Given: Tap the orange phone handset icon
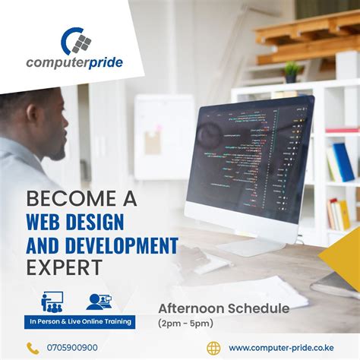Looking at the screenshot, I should click(33, 348).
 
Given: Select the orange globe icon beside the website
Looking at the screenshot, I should click(213, 348).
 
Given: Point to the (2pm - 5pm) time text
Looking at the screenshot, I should click(187, 323).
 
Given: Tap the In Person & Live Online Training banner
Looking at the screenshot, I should click(79, 322).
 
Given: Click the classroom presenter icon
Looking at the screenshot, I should click(52, 302).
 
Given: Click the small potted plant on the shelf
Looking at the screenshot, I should click(291, 72).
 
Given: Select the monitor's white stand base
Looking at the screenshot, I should click(250, 247).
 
